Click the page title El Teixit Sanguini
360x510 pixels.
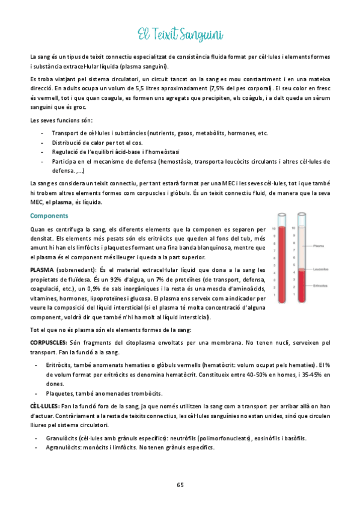[x=180, y=34]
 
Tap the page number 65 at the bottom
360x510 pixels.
[x=180, y=485]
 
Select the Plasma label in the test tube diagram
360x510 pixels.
[x=320, y=245]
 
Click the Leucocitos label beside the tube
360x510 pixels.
[x=322, y=269]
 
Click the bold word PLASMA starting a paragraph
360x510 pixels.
[x=41, y=270]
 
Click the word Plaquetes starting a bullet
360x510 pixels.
[x=61, y=393]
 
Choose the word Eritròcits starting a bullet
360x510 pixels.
[x=60, y=365]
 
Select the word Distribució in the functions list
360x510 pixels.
[x=68, y=143]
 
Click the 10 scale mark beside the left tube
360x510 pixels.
[x=274, y=229]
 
